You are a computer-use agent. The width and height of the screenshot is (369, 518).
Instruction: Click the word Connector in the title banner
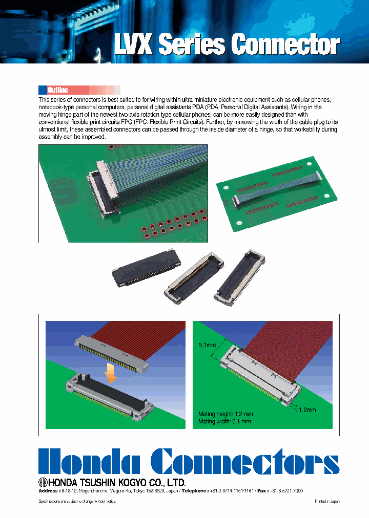coord(285,45)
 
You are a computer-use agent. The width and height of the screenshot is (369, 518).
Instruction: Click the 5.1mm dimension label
coord(206,344)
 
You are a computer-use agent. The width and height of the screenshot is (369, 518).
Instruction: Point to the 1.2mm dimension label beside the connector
coord(307,410)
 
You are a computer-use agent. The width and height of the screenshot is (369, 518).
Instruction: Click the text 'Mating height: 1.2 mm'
coord(225,414)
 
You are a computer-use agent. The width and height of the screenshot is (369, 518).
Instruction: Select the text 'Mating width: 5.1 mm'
coord(224,421)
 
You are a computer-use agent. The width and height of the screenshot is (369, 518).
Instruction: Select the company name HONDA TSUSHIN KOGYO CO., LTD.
coord(116,482)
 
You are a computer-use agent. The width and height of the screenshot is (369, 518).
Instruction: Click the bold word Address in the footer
coord(49,490)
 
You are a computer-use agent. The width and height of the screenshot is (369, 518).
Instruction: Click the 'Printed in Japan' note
coord(327,502)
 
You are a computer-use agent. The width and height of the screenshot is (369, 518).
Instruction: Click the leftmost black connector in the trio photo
coord(146,270)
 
